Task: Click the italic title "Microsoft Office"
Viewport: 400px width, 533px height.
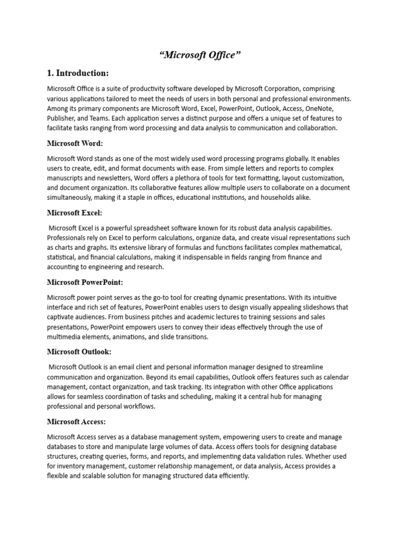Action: (200, 55)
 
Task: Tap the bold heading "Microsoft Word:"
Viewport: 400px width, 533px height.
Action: (75, 143)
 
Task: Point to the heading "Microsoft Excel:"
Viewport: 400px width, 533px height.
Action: (74, 212)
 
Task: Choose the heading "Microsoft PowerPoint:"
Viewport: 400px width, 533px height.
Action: (85, 282)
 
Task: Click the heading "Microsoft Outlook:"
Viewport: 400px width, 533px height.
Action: (79, 352)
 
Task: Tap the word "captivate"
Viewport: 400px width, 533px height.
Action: (62, 317)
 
